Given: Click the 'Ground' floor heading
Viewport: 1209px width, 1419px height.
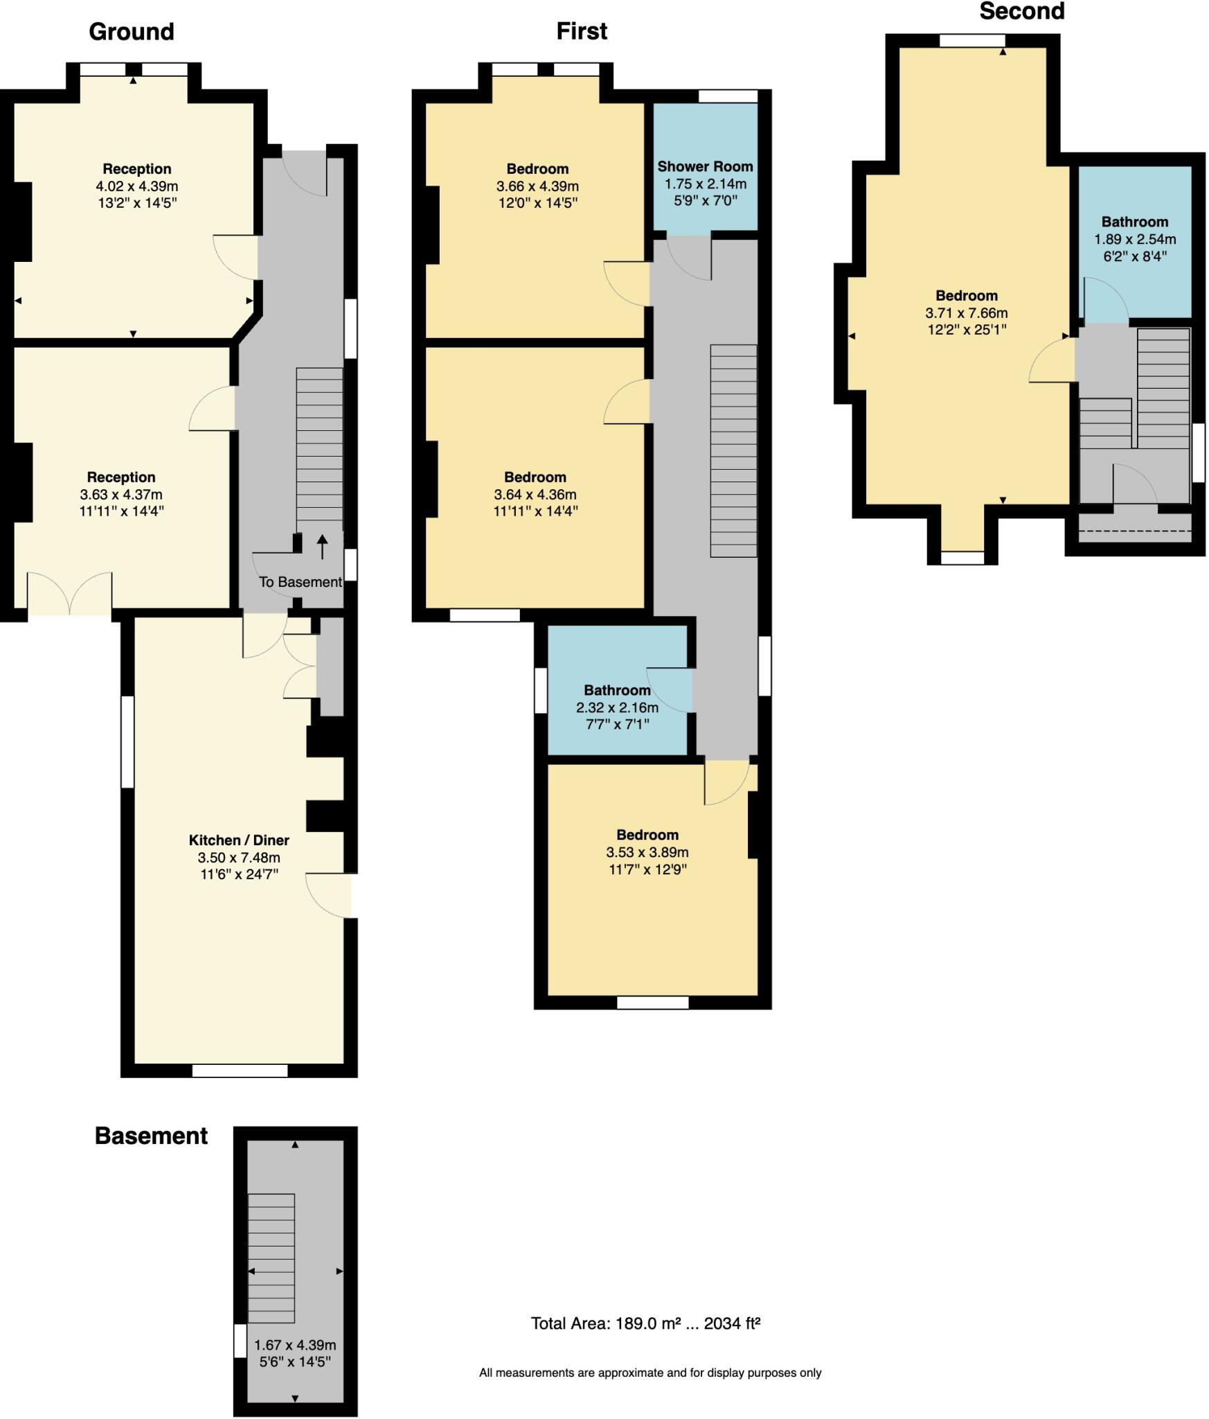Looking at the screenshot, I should [x=131, y=32].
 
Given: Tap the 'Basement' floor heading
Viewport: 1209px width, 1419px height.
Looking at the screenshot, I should [x=151, y=1136].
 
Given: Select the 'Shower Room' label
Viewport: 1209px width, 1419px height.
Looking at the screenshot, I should [x=705, y=166].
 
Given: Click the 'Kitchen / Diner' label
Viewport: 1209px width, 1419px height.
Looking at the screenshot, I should [x=239, y=840].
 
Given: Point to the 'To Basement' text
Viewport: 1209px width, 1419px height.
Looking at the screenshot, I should [x=300, y=582].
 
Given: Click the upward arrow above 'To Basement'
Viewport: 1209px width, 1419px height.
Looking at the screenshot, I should [x=322, y=546].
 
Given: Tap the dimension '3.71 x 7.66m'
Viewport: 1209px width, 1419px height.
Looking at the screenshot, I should [x=966, y=312].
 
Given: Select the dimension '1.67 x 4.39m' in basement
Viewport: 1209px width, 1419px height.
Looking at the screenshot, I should [x=295, y=1345].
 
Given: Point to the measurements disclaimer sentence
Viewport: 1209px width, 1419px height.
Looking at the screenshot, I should [x=650, y=1373].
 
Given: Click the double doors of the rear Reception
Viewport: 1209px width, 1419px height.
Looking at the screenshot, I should [x=69, y=594].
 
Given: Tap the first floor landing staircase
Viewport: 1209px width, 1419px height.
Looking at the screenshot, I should [x=733, y=450].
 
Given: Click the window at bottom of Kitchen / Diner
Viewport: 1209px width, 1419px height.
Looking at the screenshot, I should [x=240, y=1070].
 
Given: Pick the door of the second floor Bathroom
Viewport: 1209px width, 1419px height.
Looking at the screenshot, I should [x=1105, y=300].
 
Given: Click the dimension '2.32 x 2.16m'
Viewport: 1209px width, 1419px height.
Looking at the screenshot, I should [x=617, y=707].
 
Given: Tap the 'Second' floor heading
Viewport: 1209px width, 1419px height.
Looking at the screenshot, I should [x=1021, y=12].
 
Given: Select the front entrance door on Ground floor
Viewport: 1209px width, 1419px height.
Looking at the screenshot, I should [x=304, y=173].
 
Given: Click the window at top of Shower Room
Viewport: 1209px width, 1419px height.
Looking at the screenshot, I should [x=728, y=96].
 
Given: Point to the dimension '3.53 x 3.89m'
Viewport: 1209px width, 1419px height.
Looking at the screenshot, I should [x=647, y=852].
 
